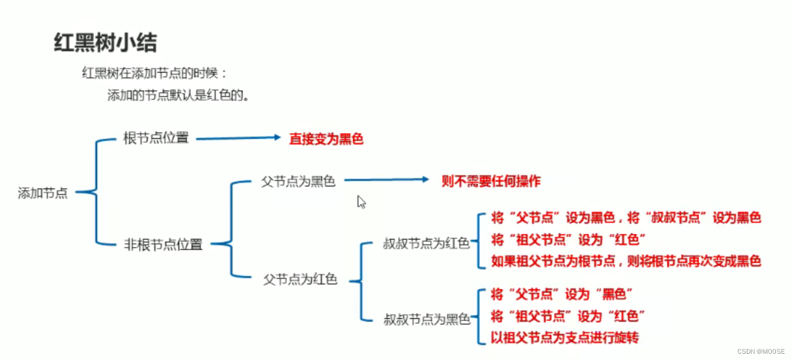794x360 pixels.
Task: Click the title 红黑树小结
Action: [x=105, y=43]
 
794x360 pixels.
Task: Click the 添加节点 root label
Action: [x=42, y=193]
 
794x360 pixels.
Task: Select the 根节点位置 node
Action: [x=156, y=138]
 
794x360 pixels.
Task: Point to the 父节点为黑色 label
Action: [x=298, y=182]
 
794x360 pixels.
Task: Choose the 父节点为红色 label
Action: [x=300, y=280]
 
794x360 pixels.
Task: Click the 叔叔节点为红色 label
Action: [x=426, y=244]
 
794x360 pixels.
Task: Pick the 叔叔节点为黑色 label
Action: [x=427, y=320]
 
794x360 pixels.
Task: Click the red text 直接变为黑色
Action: [x=326, y=139]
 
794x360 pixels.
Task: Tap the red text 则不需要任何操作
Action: [x=491, y=181]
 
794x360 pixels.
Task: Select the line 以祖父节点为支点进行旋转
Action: [x=565, y=338]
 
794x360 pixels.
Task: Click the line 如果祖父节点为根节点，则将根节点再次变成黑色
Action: [x=626, y=261]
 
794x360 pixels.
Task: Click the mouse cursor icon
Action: [x=361, y=201]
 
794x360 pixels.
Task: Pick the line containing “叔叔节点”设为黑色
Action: [x=626, y=218]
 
